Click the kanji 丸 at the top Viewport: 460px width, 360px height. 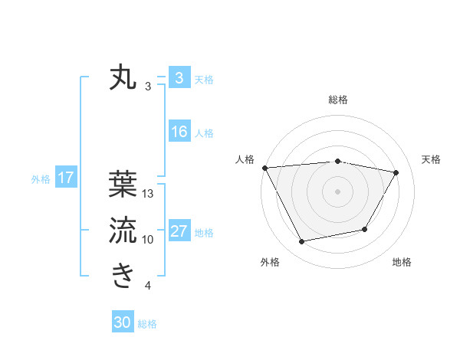(123, 78)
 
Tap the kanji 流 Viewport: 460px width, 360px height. (123, 229)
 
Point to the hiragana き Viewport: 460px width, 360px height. (123, 275)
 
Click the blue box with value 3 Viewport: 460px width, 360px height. (179, 78)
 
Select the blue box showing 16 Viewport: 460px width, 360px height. (179, 132)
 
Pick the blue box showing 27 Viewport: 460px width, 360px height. (179, 231)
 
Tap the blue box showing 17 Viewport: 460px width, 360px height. (65, 178)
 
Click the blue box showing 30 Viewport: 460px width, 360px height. (123, 322)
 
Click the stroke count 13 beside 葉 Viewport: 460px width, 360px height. (148, 194)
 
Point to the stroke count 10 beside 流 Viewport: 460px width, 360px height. (148, 240)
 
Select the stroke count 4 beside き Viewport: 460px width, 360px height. (148, 286)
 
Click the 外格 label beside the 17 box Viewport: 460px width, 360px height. (41, 179)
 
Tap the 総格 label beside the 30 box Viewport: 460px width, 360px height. (147, 324)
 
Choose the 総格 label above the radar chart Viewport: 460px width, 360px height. (337, 100)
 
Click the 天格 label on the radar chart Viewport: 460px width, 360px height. (432, 159)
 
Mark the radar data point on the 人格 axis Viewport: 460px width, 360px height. (264, 168)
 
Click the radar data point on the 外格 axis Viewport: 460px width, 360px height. (302, 242)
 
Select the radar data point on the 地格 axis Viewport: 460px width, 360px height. (365, 229)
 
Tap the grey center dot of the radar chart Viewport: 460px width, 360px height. (337, 191)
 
